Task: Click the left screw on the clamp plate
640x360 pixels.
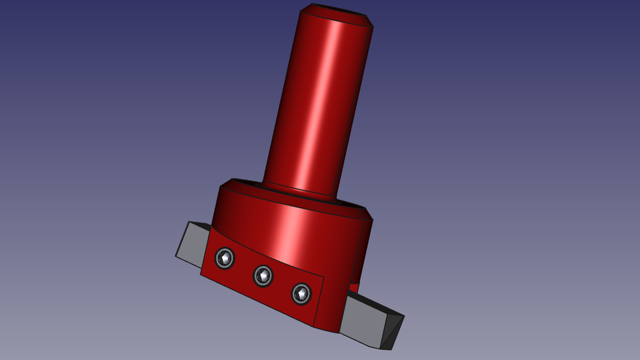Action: [x=225, y=258]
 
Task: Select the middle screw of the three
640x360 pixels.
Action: [x=263, y=276]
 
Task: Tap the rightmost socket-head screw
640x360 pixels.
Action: [x=301, y=293]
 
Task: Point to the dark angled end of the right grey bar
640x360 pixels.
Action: [x=391, y=331]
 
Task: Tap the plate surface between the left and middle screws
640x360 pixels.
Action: [x=244, y=267]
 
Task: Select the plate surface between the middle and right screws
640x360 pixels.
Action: [x=282, y=285]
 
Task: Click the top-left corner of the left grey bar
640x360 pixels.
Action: [x=189, y=223]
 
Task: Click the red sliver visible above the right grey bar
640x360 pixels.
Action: [x=354, y=287]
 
